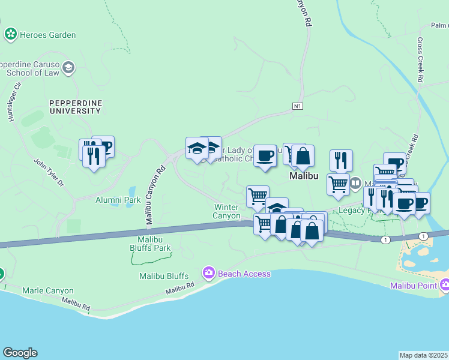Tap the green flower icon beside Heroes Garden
tap(10, 35)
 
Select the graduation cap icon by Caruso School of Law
tap(68, 67)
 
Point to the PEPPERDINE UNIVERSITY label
tap(75, 107)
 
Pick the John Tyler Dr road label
tap(49, 172)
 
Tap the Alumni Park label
tap(118, 200)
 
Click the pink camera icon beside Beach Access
tap(208, 273)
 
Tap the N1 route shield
tap(297, 106)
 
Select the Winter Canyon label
tap(228, 211)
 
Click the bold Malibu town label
tap(304, 176)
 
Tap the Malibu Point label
tap(414, 285)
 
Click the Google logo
tap(20, 353)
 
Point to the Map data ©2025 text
tap(423, 355)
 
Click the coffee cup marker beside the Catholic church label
tap(265, 156)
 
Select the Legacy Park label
tap(351, 211)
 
